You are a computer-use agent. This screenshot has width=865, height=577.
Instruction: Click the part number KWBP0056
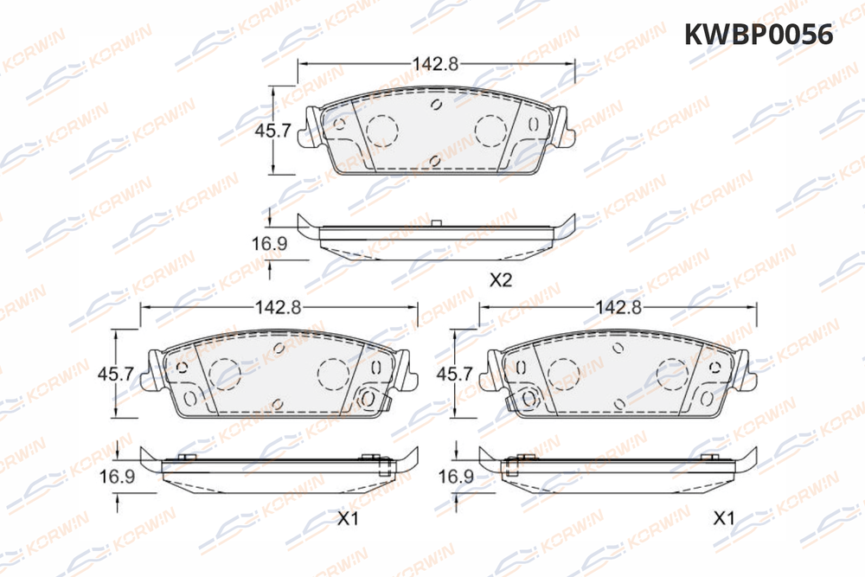[759, 35]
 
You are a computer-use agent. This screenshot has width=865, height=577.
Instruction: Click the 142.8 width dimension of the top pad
[436, 64]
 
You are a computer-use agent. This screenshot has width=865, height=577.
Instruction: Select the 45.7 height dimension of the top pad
[272, 131]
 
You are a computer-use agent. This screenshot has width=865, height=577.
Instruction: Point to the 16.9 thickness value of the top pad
[270, 243]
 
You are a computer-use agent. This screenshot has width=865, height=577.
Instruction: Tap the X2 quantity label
[501, 280]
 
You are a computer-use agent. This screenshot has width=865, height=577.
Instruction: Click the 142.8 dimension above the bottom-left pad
[278, 307]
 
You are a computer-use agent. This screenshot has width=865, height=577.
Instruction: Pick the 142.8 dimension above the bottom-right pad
[618, 307]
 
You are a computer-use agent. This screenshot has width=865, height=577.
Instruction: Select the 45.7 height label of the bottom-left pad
[116, 374]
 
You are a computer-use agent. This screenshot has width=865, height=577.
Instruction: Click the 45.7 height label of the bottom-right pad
[455, 374]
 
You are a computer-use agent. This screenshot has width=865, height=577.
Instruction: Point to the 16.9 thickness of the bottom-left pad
[117, 476]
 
